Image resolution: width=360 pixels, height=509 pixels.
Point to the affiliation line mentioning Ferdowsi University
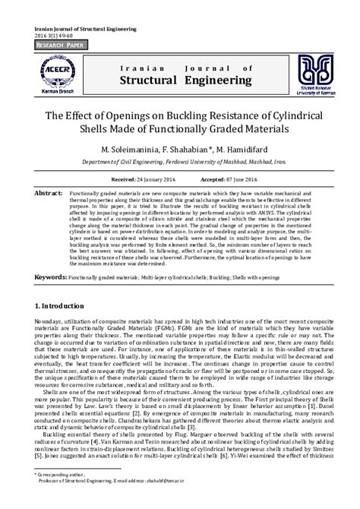coord(180,163)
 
